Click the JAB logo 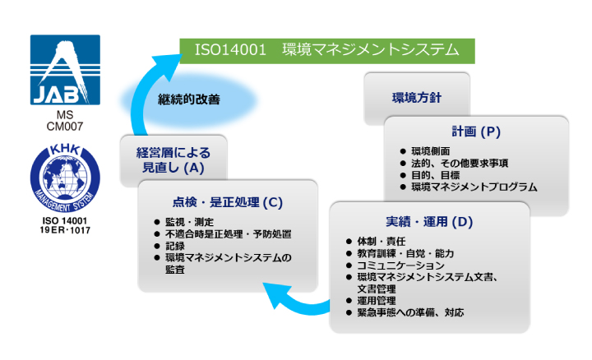[65, 70]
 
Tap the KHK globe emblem [65, 178]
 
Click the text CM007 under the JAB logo [65, 127]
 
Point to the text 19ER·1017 [65, 230]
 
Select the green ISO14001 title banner [327, 51]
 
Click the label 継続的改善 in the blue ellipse [189, 99]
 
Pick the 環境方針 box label [416, 98]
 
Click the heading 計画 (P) [476, 132]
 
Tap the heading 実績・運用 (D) [429, 222]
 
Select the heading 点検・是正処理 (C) [228, 202]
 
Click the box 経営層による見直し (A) [173, 160]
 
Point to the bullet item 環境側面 [430, 151]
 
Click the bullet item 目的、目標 [435, 175]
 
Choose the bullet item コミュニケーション [400, 265]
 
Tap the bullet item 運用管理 [377, 301]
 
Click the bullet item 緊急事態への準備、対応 [410, 312]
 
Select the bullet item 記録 [175, 246]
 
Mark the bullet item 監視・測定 [189, 222]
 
